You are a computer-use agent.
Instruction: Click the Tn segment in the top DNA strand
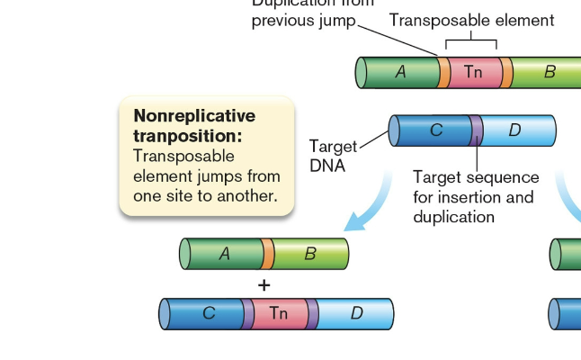473,72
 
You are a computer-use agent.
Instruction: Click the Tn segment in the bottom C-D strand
279,314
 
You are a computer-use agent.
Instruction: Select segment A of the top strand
400,72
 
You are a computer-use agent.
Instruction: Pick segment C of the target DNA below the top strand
435,130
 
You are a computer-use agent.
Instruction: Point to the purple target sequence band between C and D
477,130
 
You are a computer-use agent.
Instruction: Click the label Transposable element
471,20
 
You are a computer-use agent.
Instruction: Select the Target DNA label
332,156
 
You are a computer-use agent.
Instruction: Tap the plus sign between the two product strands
264,285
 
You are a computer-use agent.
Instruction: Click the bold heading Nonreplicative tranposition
193,125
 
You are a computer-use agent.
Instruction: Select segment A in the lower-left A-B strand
225,255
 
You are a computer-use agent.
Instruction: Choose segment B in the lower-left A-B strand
308,255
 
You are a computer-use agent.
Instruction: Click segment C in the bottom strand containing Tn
207,314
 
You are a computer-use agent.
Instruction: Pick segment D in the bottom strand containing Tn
356,314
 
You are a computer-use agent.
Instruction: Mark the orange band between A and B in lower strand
267,255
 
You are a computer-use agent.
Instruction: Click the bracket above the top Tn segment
471,41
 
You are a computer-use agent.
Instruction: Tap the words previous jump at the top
303,20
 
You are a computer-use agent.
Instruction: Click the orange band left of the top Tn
444,72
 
